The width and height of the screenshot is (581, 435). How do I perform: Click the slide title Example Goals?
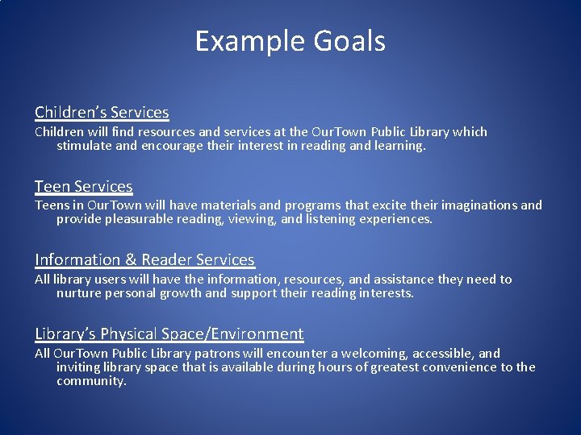point(290,41)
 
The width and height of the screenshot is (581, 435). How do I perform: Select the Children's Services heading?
point(102,112)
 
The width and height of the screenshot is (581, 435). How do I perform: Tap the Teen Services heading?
point(83,186)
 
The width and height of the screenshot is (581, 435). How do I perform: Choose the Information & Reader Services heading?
point(144,259)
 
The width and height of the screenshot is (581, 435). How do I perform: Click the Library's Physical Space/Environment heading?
point(169,333)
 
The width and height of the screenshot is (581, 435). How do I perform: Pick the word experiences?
point(395,219)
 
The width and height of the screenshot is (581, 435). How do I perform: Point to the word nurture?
point(78,293)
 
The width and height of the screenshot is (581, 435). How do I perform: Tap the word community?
point(91,381)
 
